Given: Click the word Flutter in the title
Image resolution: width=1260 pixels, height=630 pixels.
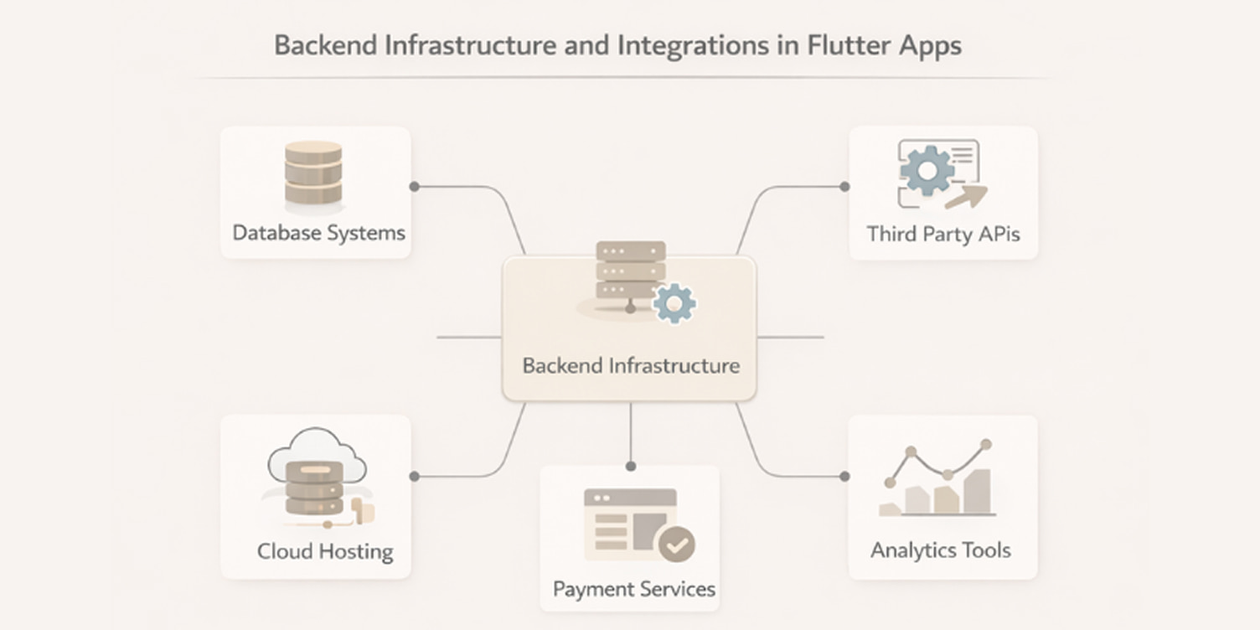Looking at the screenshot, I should pyautogui.click(x=849, y=44).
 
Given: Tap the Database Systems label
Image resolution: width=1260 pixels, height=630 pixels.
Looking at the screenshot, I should pyautogui.click(x=318, y=233).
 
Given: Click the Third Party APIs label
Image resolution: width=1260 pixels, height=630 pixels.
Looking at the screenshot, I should pyautogui.click(x=943, y=233).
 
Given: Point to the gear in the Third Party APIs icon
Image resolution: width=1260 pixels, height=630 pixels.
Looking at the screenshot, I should pyautogui.click(x=927, y=171).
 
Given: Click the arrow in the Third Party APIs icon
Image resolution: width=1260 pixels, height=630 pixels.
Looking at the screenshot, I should pyautogui.click(x=966, y=197).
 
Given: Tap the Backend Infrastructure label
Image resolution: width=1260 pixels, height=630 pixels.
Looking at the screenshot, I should pyautogui.click(x=630, y=366).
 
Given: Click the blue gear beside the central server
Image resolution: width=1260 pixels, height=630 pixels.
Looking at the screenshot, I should pyautogui.click(x=674, y=303).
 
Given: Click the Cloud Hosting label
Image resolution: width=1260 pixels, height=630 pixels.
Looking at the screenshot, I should pyautogui.click(x=325, y=551).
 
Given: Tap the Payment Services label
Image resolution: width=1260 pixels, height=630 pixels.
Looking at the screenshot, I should pyautogui.click(x=633, y=589).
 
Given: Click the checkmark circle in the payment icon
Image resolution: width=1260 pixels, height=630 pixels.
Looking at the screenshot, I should pyautogui.click(x=677, y=545).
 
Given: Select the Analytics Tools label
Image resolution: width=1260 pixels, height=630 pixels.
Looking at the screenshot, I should pyautogui.click(x=940, y=550).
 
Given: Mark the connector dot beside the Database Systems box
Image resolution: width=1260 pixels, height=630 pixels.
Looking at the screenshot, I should pyautogui.click(x=414, y=186).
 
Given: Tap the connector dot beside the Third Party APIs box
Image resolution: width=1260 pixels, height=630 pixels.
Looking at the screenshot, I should pyautogui.click(x=844, y=186).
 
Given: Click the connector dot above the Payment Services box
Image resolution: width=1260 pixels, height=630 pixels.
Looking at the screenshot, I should pyautogui.click(x=631, y=467).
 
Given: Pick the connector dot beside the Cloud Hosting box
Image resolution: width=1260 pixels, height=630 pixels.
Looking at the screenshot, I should pyautogui.click(x=414, y=476).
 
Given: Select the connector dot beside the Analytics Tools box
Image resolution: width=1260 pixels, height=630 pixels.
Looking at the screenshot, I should pyautogui.click(x=844, y=476).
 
